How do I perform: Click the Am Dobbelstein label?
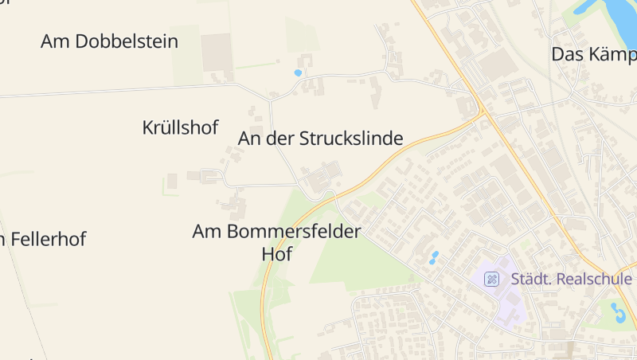pyautogui.click(x=109, y=41)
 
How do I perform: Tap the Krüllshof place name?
pyautogui.click(x=180, y=127)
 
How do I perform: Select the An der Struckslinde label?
pyautogui.click(x=320, y=139)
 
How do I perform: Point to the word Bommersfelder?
pyautogui.click(x=295, y=232)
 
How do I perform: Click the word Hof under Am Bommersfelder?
pyautogui.click(x=277, y=255)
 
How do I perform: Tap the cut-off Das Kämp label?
pyautogui.click(x=593, y=54)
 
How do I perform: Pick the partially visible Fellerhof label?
pyautogui.click(x=43, y=239)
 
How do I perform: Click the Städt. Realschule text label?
pyautogui.click(x=571, y=279)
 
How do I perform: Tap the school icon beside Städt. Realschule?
pyautogui.click(x=493, y=279)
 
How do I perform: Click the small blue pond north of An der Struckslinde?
pyautogui.click(x=298, y=73)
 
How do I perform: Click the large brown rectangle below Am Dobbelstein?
pyautogui.click(x=216, y=53)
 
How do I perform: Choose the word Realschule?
pyautogui.click(x=595, y=279)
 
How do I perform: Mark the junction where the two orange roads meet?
pyautogui.click(x=483, y=113)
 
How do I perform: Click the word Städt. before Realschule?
pyautogui.click(x=531, y=279)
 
